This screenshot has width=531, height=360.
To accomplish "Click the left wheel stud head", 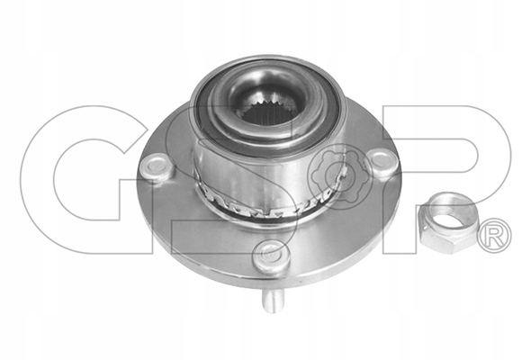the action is tap(156, 167).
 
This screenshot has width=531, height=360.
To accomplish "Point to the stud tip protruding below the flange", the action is tap(273, 302).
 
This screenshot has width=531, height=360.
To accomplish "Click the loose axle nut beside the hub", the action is tap(448, 223).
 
